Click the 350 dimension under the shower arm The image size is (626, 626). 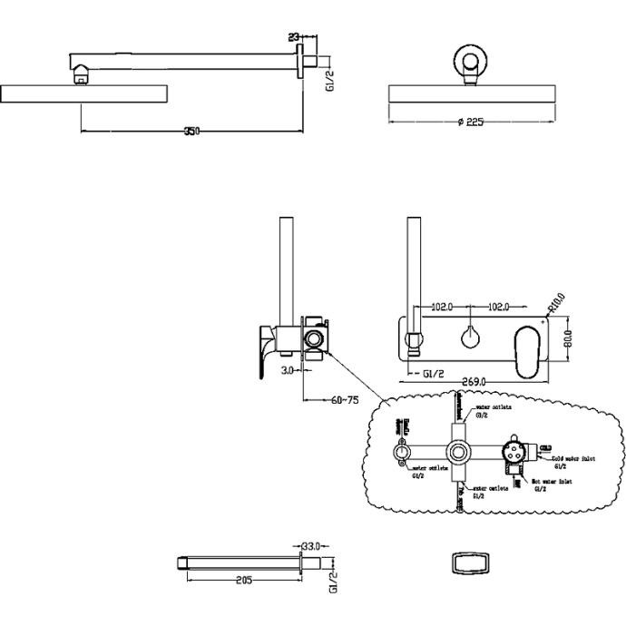pos(191,132)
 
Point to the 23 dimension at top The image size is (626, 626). pos(293,37)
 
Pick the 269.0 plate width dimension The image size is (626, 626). pos(473,382)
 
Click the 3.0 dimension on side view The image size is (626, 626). pos(286,371)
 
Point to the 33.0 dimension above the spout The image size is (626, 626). pos(312,547)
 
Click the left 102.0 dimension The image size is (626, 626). pos(441,307)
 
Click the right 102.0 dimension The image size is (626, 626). pos(504,307)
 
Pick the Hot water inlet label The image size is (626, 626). pos(552,484)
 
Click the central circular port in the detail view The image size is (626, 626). pos(459,452)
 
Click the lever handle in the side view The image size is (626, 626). pos(266,349)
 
